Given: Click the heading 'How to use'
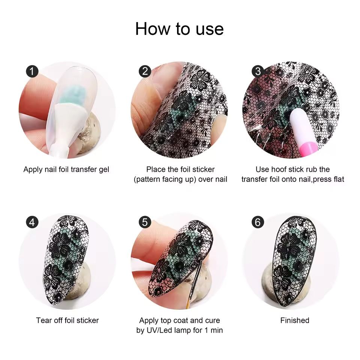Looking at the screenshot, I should tap(180, 29).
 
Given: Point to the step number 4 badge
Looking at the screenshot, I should tap(33, 222).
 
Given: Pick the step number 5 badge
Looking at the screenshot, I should tap(145, 222).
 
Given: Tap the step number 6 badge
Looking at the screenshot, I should tap(257, 222).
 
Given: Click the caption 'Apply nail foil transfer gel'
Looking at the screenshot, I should tap(66, 169).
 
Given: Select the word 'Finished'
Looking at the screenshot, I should tap(295, 320).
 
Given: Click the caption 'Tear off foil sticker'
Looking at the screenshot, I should tap(67, 320).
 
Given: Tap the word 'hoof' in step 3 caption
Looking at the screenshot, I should tap(282, 169).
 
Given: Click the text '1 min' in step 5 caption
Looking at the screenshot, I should tap(213, 330).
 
